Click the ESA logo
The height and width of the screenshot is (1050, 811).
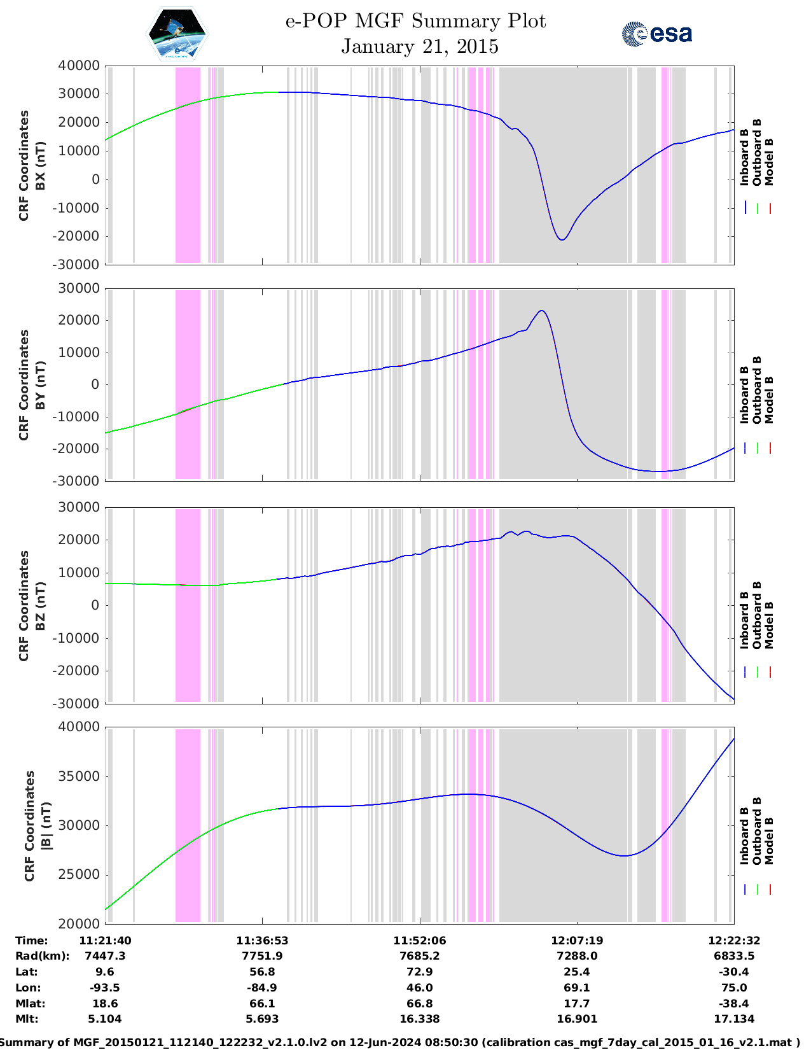click(x=656, y=34)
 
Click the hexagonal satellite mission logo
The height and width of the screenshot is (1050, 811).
click(x=177, y=34)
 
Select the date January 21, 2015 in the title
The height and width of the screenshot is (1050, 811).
click(x=419, y=46)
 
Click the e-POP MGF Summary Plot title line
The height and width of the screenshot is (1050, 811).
click(x=415, y=21)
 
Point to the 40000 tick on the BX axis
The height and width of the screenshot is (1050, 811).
click(x=79, y=66)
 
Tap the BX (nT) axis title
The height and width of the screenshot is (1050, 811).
click(x=40, y=165)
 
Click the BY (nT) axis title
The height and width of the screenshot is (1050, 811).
click(x=40, y=384)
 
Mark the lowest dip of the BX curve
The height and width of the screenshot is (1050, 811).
click(x=562, y=240)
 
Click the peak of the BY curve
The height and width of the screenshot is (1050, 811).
click(x=541, y=311)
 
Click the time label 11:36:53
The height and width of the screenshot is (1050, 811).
click(x=262, y=941)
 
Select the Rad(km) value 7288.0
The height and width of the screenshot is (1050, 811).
click(x=577, y=956)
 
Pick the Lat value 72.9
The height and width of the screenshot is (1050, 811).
click(x=420, y=972)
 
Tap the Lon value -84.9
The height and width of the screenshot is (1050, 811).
click(x=262, y=988)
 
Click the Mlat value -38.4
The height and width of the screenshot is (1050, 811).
click(x=734, y=1004)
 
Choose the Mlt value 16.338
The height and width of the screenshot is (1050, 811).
click(x=420, y=1019)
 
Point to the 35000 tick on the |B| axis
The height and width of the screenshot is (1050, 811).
click(x=79, y=776)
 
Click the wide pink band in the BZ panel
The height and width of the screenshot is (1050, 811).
click(x=188, y=605)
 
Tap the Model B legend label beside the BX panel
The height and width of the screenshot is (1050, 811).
click(x=769, y=162)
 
